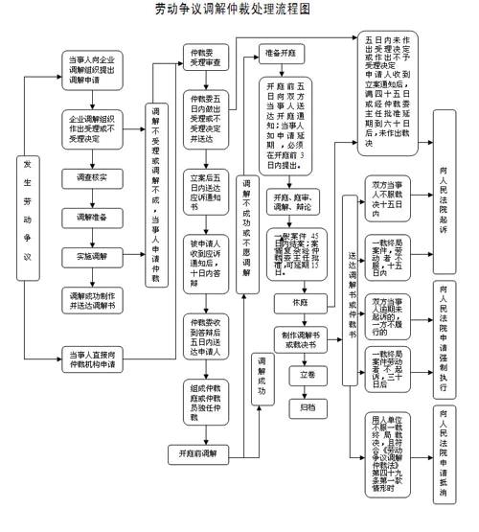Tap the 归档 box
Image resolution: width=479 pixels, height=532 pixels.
(306, 406)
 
